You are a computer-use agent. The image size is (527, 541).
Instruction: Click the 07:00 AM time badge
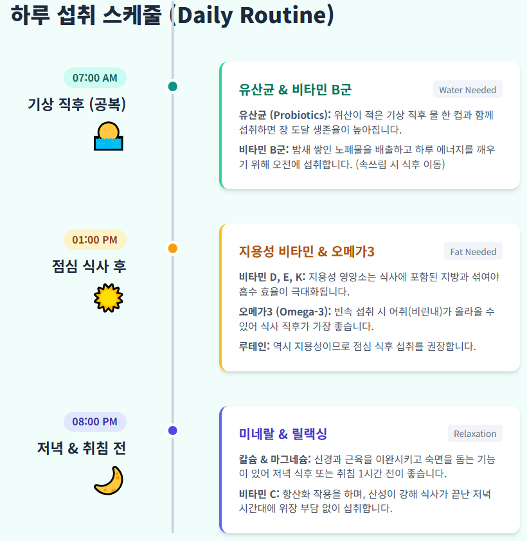[x=94, y=78]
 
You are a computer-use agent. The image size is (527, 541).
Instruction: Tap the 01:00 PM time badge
[x=94, y=240]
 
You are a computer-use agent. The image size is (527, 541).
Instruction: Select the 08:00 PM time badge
[x=94, y=421]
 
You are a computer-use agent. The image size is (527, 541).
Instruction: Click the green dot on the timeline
[x=172, y=86]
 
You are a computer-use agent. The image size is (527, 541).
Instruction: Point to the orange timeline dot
[x=172, y=248]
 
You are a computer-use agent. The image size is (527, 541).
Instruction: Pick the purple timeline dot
[x=172, y=430]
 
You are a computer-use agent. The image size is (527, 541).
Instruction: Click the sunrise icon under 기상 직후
[x=107, y=136]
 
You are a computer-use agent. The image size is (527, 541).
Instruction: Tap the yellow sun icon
[x=107, y=297]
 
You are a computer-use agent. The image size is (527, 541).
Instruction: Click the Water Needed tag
[x=467, y=90]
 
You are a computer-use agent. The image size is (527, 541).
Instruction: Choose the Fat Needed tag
[x=473, y=251]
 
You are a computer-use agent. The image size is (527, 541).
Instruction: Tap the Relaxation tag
[x=475, y=434]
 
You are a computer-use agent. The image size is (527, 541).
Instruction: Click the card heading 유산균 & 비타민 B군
[x=295, y=89]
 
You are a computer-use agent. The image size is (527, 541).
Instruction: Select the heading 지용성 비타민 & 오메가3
[x=307, y=251]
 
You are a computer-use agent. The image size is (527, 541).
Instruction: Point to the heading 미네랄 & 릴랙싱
[x=283, y=434]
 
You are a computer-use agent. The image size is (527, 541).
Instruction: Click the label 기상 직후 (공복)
[x=76, y=104]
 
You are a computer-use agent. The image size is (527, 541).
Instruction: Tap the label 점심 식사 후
[x=89, y=266]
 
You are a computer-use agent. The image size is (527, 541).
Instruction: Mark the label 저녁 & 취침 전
[x=81, y=448]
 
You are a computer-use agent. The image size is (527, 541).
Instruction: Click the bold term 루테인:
[x=255, y=346]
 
